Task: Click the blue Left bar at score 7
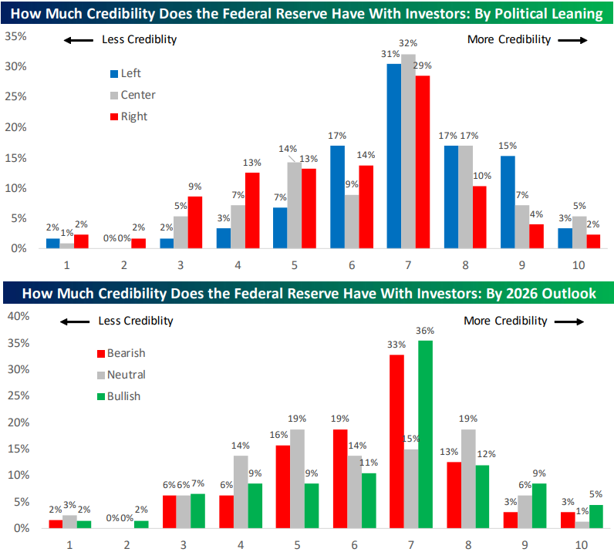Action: [x=394, y=156]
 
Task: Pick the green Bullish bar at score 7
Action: [x=424, y=434]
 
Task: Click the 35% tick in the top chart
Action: [x=16, y=36]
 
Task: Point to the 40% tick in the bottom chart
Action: [x=16, y=315]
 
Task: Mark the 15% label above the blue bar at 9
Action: [x=507, y=146]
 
